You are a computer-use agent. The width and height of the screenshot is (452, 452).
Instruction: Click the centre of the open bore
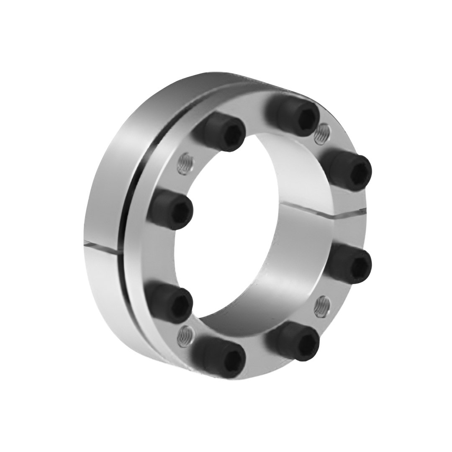(x=251, y=234)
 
